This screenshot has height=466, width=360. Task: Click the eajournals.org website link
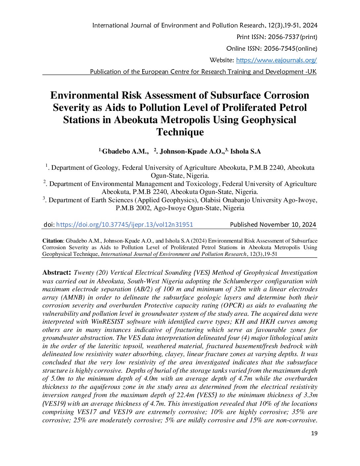(x=276, y=60)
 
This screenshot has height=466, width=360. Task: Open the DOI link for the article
(x=124, y=224)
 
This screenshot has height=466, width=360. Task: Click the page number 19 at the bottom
(x=314, y=433)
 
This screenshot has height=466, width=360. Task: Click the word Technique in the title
(x=180, y=132)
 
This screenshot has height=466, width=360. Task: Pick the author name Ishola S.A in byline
(x=246, y=152)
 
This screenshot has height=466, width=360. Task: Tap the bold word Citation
(x=52, y=241)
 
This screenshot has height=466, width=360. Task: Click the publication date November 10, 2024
(x=288, y=224)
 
